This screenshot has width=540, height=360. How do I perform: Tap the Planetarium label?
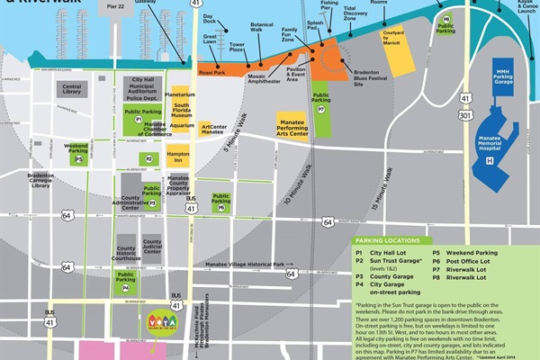182,94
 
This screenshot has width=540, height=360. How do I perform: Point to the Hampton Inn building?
178,157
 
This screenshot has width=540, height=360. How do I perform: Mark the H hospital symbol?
490,160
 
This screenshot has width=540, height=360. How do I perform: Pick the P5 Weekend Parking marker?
79,159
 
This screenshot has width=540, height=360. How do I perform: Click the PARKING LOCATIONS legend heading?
390,241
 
